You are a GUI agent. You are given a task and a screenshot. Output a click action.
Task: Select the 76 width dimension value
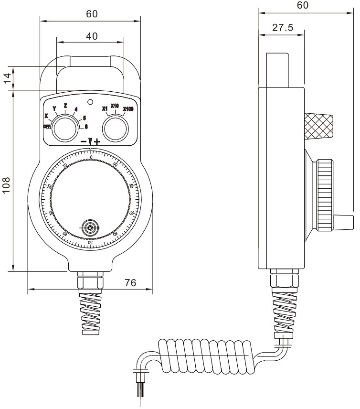pos(130,282)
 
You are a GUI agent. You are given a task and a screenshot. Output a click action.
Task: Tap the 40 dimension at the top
pos(92,36)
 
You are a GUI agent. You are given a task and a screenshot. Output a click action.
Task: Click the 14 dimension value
pos(7,78)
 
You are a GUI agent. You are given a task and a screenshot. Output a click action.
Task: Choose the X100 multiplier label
pos(128,109)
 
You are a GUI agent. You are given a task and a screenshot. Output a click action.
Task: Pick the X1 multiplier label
pos(105,108)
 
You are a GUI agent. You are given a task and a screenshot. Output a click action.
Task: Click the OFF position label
pos(47,126)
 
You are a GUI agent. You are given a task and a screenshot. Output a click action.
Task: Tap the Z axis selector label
pos(65,105)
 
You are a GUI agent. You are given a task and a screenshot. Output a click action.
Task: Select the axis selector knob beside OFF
pos(64,129)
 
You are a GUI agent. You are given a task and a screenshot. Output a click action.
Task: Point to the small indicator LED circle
pos(90,102)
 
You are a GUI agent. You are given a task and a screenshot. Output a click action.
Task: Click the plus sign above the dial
pos(97,142)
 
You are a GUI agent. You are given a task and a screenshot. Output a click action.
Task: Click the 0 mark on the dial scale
pos(91,157)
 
